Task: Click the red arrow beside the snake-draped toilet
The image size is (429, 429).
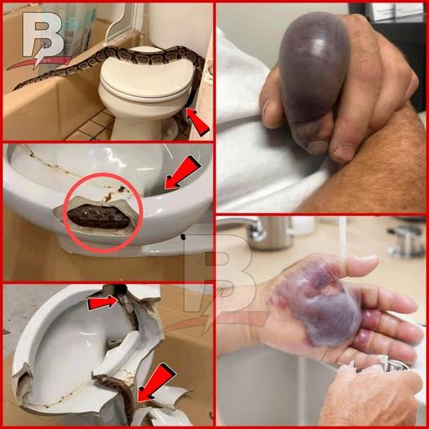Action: click(197, 122)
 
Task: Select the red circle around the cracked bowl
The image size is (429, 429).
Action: click(103, 212)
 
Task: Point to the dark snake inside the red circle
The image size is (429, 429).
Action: click(99, 216)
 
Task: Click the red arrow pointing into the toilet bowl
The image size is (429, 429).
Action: click(182, 173)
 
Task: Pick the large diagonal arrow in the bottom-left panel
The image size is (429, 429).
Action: click(157, 383)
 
